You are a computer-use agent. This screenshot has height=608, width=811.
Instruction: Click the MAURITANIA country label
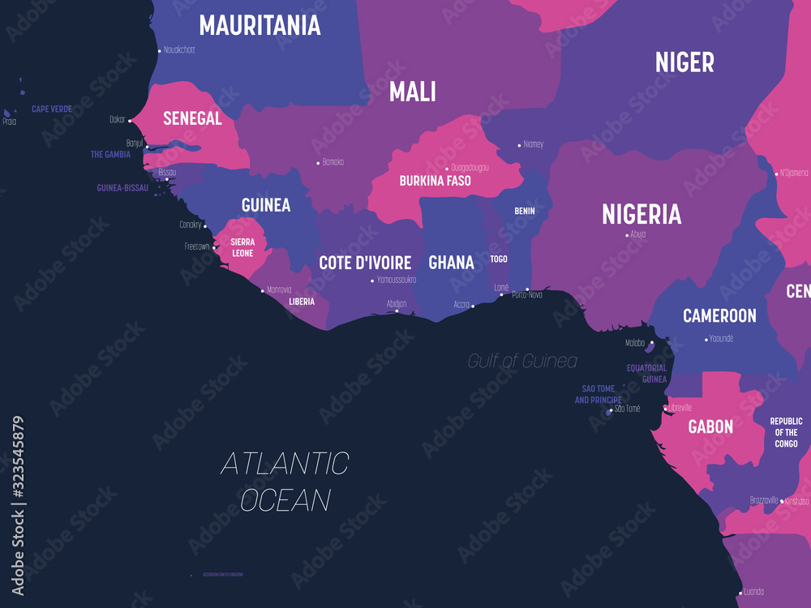pyautogui.click(x=260, y=25)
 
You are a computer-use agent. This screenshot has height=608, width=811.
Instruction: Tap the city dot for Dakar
pyautogui.click(x=130, y=120)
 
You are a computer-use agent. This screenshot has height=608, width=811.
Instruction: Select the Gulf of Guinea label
pyautogui.click(x=522, y=361)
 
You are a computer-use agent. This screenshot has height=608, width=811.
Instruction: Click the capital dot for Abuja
pyautogui.click(x=628, y=235)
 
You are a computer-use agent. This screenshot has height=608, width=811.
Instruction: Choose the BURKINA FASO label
pyautogui.click(x=435, y=181)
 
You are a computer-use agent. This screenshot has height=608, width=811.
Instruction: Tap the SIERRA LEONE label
pyautogui.click(x=242, y=247)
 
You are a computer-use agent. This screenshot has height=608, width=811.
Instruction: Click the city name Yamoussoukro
pyautogui.click(x=397, y=280)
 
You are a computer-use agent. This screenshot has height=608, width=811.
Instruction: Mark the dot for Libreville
pyautogui.click(x=665, y=409)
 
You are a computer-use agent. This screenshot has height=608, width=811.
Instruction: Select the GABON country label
pyautogui.click(x=710, y=426)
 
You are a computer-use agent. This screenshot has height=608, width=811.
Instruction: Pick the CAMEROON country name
pyautogui.click(x=719, y=315)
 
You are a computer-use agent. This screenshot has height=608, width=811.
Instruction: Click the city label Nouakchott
pyautogui.click(x=179, y=50)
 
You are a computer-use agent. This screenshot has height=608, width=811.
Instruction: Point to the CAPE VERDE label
pyautogui.click(x=52, y=109)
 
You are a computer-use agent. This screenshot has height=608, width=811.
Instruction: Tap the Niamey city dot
pyautogui.click(x=520, y=146)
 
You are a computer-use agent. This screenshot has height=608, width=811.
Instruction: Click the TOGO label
pyautogui.click(x=499, y=259)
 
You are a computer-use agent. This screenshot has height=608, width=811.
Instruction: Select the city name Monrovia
pyautogui.click(x=279, y=289)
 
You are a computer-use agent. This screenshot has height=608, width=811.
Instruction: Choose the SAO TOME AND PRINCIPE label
pyautogui.click(x=599, y=394)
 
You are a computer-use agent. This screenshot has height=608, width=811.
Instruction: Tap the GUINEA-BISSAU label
pyautogui.click(x=122, y=187)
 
